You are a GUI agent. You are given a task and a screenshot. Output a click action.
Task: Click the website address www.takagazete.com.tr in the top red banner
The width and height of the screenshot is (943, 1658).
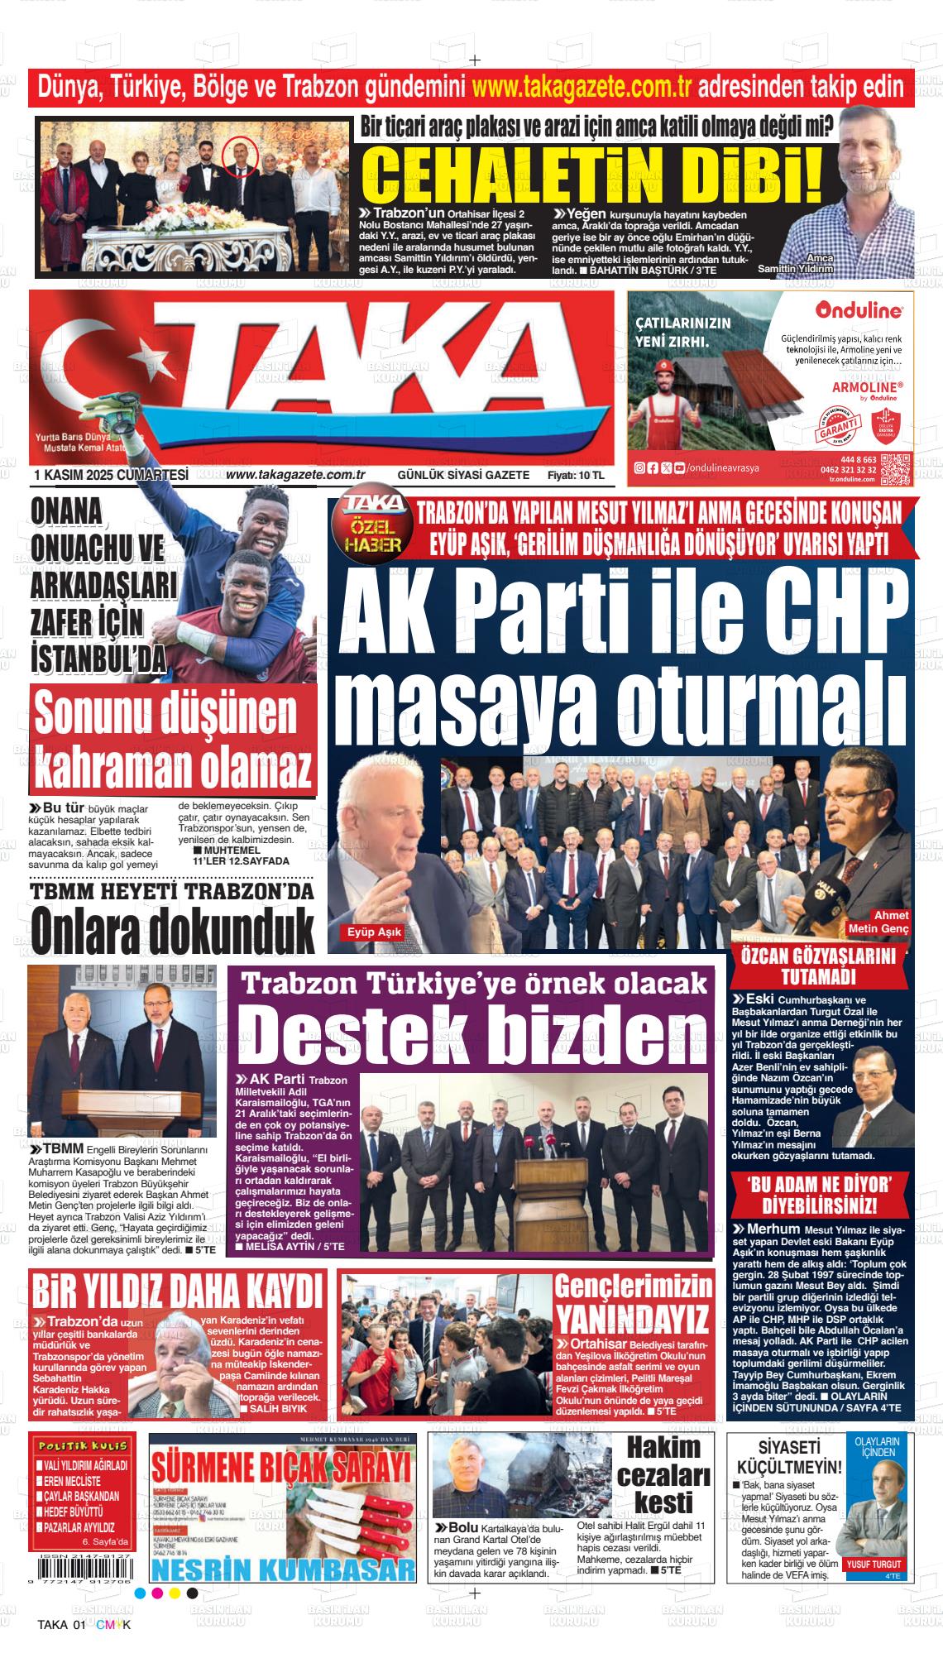(584, 86)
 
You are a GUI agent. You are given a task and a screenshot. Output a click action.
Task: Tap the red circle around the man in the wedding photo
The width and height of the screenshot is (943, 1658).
(240, 156)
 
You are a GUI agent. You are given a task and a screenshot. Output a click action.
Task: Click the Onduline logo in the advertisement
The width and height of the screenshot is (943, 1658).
(858, 310)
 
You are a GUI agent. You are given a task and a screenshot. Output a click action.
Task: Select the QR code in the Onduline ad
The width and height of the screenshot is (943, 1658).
(895, 469)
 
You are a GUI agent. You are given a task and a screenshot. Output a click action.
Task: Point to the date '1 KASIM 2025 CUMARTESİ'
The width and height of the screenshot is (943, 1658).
(112, 475)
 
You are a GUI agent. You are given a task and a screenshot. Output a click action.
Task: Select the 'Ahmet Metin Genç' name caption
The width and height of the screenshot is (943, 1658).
(879, 922)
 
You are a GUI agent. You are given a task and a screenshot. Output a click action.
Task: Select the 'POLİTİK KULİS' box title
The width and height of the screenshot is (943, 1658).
(82, 1445)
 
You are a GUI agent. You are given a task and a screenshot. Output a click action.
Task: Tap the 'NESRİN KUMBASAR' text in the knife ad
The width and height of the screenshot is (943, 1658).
(281, 1569)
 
